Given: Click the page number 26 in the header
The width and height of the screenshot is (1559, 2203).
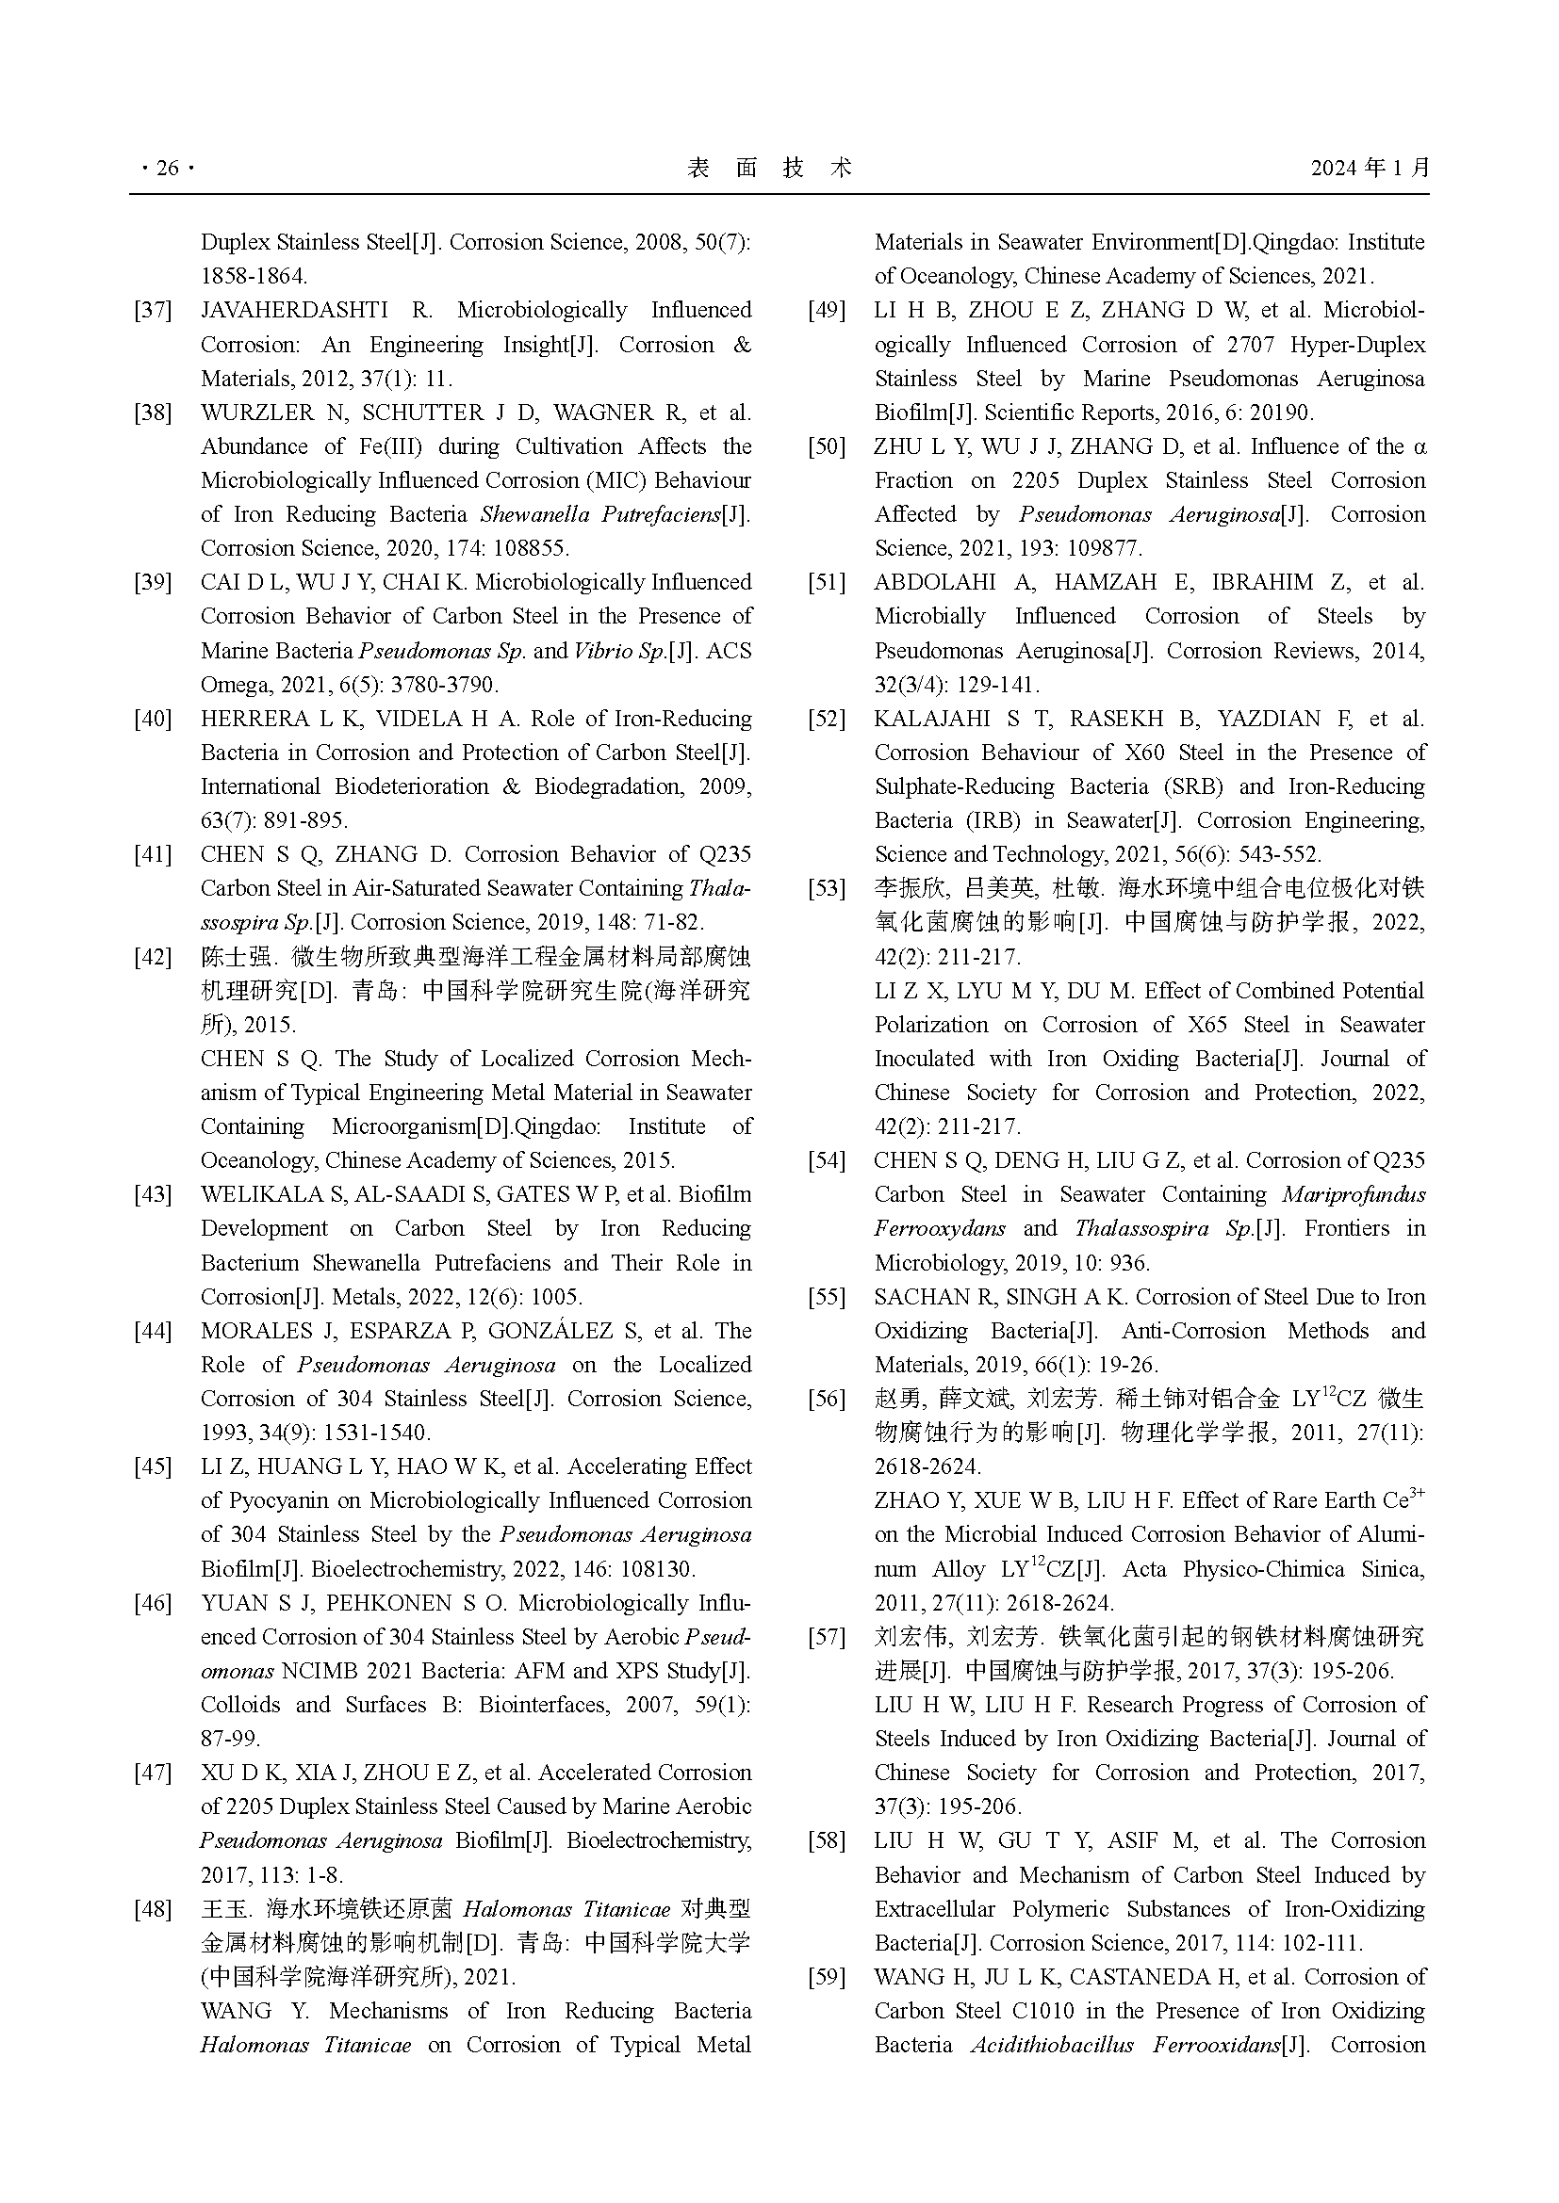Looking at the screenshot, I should coord(167,169).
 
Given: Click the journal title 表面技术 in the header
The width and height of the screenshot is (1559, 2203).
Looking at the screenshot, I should coord(770,169).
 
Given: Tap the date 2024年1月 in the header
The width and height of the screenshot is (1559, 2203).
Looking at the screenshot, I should coord(1370,169).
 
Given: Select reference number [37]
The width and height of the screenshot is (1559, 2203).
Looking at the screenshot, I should coord(153,311).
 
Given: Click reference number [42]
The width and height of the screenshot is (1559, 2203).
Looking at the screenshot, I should coord(153,957).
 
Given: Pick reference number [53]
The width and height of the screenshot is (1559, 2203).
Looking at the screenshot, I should coord(827,888).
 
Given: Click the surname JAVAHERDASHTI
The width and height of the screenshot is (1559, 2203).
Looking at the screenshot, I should coord(294,311).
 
